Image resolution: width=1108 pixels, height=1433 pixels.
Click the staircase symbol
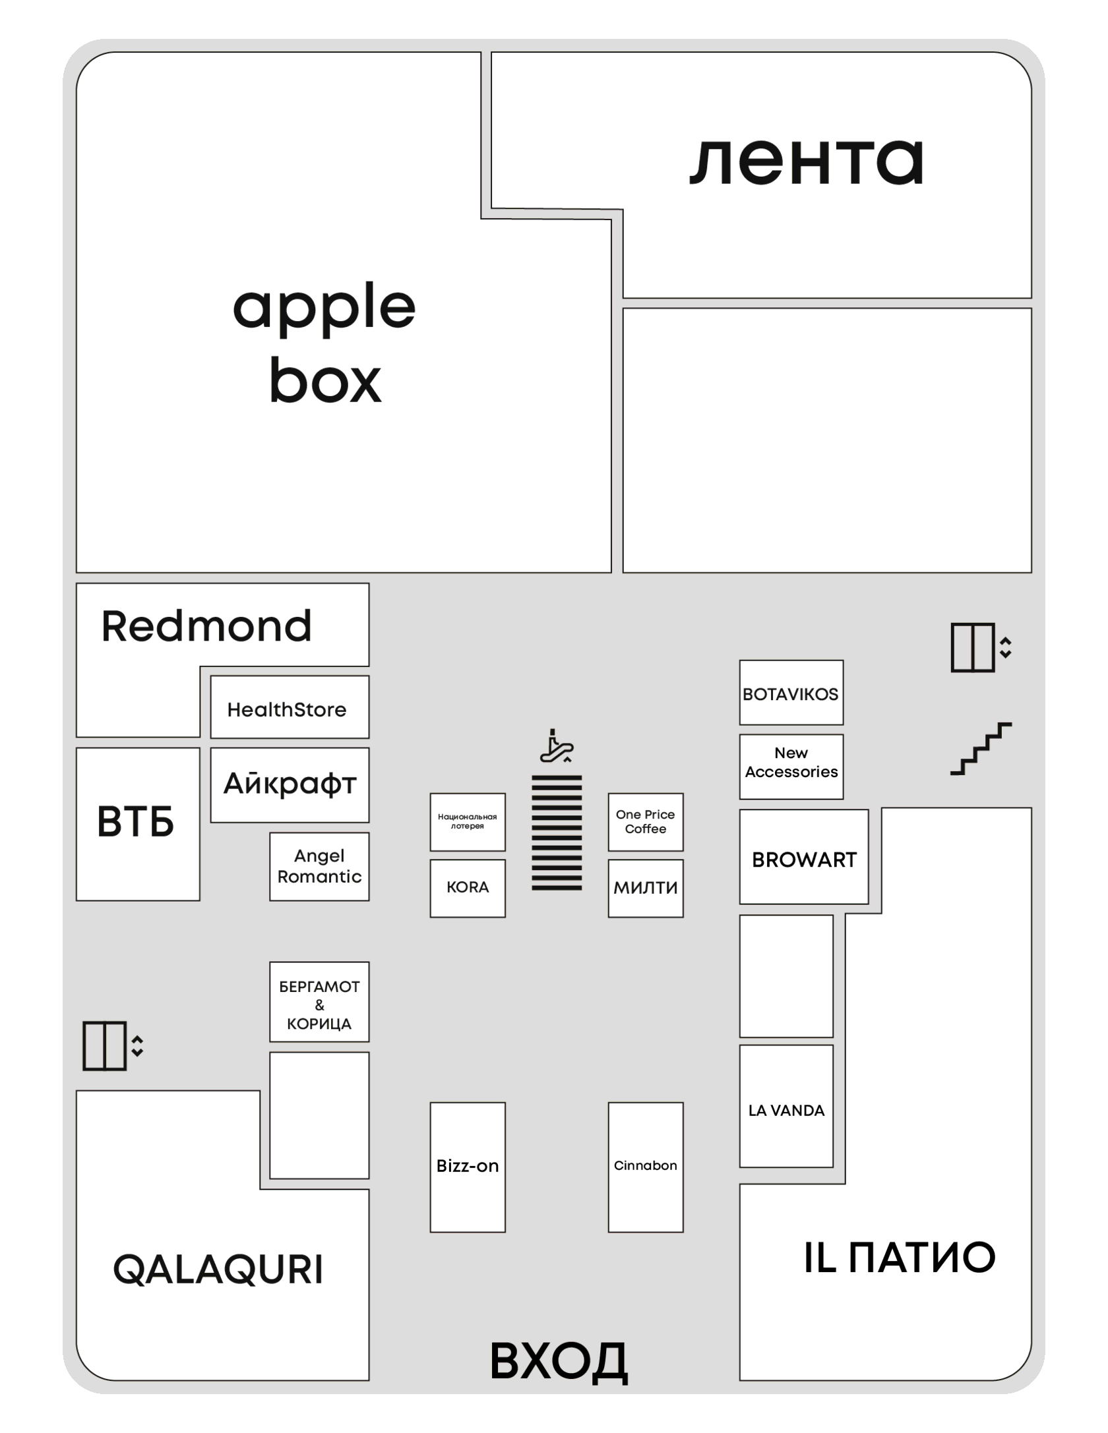[981, 749]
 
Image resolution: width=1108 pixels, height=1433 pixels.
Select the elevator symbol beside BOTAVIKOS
[981, 647]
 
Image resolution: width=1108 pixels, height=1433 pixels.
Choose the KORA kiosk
[468, 888]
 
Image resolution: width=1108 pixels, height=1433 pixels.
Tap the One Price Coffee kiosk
[646, 822]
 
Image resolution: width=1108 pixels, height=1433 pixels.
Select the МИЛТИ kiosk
[646, 888]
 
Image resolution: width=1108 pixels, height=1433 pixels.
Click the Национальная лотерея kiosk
[468, 822]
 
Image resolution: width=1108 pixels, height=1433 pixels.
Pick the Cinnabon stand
[646, 1167]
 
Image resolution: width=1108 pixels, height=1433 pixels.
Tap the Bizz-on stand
[468, 1167]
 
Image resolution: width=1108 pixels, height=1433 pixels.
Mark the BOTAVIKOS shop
[791, 692]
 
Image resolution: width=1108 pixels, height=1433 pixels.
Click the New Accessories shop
[791, 767]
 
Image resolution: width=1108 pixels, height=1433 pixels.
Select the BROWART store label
[804, 860]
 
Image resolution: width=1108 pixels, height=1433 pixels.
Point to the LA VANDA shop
[786, 1106]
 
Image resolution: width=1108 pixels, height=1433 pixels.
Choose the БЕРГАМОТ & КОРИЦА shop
[319, 1002]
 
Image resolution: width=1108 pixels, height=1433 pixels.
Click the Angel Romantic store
[319, 866]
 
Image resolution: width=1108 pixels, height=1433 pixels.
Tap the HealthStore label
[287, 709]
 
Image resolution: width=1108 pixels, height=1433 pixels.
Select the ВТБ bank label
[136, 822]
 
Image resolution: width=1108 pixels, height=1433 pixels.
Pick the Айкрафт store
[290, 784]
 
